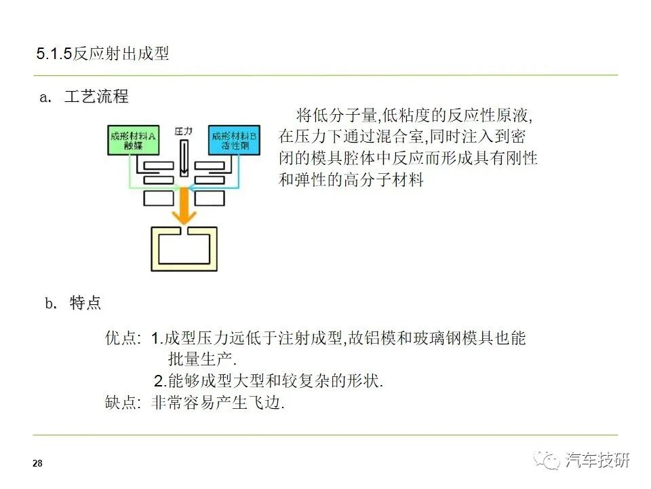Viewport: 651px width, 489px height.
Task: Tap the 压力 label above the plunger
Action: click(184, 130)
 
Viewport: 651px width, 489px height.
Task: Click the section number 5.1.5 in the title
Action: click(54, 54)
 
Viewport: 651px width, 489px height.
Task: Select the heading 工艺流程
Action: click(96, 96)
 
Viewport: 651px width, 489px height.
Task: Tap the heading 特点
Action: click(85, 303)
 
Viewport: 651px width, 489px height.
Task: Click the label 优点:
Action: click(123, 338)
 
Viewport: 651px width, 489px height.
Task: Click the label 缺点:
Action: click(123, 402)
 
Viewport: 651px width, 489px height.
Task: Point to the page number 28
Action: click(37, 463)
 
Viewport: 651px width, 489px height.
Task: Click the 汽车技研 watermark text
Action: click(598, 460)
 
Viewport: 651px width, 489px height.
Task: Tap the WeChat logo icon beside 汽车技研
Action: click(547, 460)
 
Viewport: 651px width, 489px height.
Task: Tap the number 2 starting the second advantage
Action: click(159, 381)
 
